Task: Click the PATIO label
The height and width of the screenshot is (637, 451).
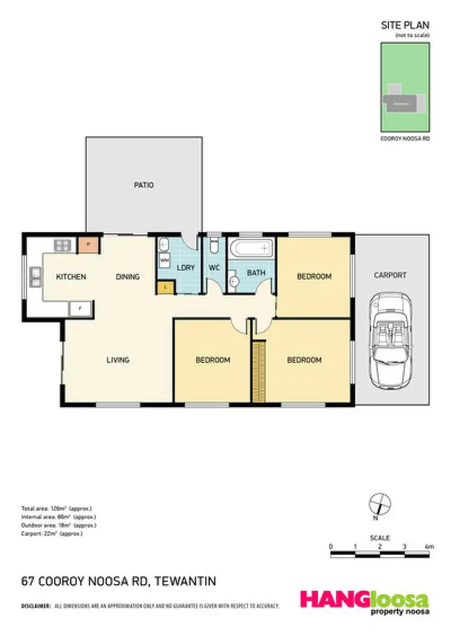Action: [x=143, y=185]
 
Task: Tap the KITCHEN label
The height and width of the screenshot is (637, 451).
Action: [x=71, y=277]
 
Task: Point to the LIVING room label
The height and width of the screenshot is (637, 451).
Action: [x=118, y=360]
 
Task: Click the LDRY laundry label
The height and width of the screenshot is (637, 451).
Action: [x=186, y=267]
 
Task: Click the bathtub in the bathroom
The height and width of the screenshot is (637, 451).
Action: [x=251, y=248]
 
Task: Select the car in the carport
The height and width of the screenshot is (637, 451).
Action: [x=391, y=340]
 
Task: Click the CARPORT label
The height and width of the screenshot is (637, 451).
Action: [x=390, y=275]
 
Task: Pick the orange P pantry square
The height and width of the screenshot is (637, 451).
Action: [x=88, y=245]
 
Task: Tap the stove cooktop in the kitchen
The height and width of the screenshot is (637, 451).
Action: [x=63, y=245]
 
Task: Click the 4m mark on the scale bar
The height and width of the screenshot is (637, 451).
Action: [x=429, y=547]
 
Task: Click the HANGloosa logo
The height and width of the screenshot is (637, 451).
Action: [x=364, y=602]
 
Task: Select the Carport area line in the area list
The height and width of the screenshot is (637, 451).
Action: [x=52, y=534]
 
